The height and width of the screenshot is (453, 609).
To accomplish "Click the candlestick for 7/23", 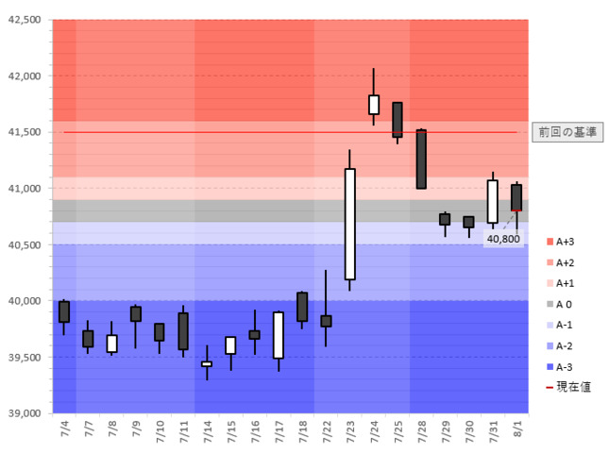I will click(349, 224).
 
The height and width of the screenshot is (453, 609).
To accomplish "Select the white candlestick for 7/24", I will click(374, 104).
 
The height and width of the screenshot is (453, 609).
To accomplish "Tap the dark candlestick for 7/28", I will click(421, 159).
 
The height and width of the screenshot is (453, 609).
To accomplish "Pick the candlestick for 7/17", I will click(279, 335).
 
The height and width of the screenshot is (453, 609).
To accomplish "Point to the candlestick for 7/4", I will click(64, 311).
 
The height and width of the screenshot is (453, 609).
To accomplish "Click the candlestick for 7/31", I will click(493, 201).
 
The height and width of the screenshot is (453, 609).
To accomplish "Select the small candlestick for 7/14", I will click(207, 363).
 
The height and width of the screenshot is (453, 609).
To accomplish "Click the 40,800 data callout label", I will click(502, 239).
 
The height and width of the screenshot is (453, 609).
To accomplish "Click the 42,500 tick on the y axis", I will click(23, 20).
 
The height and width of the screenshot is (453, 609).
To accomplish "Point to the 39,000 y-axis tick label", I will click(23, 413).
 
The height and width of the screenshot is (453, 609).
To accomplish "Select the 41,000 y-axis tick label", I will click(23, 189).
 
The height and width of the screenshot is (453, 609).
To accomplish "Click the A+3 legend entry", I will click(564, 243).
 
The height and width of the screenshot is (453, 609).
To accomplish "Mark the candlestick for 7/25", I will click(398, 120).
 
